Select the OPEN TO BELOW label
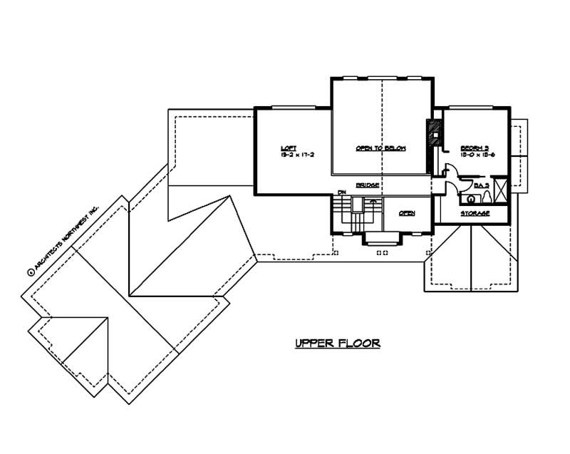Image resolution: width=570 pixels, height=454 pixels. (x=381, y=148)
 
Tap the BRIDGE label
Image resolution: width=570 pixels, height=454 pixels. (x=367, y=185)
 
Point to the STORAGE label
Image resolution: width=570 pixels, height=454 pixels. (x=475, y=213)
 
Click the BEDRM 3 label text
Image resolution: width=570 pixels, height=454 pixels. (x=473, y=147)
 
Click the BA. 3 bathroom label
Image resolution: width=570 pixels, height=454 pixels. (x=482, y=185)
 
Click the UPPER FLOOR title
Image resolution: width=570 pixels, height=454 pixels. (x=338, y=343)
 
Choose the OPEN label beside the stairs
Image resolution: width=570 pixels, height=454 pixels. (x=407, y=213)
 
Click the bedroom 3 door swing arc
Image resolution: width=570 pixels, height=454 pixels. (x=450, y=170)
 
